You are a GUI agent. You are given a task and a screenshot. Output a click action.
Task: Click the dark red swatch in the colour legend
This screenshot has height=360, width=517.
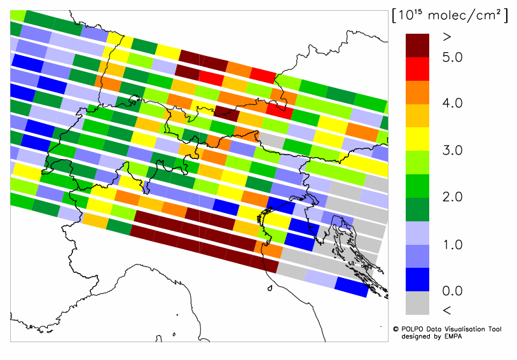pyautogui.click(x=419, y=45)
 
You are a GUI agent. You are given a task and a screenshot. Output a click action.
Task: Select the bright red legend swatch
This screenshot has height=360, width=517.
pyautogui.click(x=419, y=69)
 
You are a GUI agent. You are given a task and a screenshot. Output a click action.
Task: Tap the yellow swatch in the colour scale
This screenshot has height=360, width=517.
pyautogui.click(x=419, y=138)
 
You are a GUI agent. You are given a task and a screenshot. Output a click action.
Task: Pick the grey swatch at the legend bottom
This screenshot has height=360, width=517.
pyautogui.click(x=419, y=302)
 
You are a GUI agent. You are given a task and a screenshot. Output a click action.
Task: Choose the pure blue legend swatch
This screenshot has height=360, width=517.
pyautogui.click(x=419, y=279)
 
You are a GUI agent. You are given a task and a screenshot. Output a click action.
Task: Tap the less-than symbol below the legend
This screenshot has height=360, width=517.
pyautogui.click(x=446, y=310)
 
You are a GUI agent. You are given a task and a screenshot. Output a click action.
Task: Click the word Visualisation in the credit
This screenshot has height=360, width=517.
pyautogui.click(x=467, y=329)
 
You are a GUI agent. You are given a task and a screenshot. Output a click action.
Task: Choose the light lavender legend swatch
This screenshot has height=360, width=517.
pyautogui.click(x=419, y=232)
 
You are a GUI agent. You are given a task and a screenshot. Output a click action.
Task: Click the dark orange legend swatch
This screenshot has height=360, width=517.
pyautogui.click(x=419, y=92)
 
